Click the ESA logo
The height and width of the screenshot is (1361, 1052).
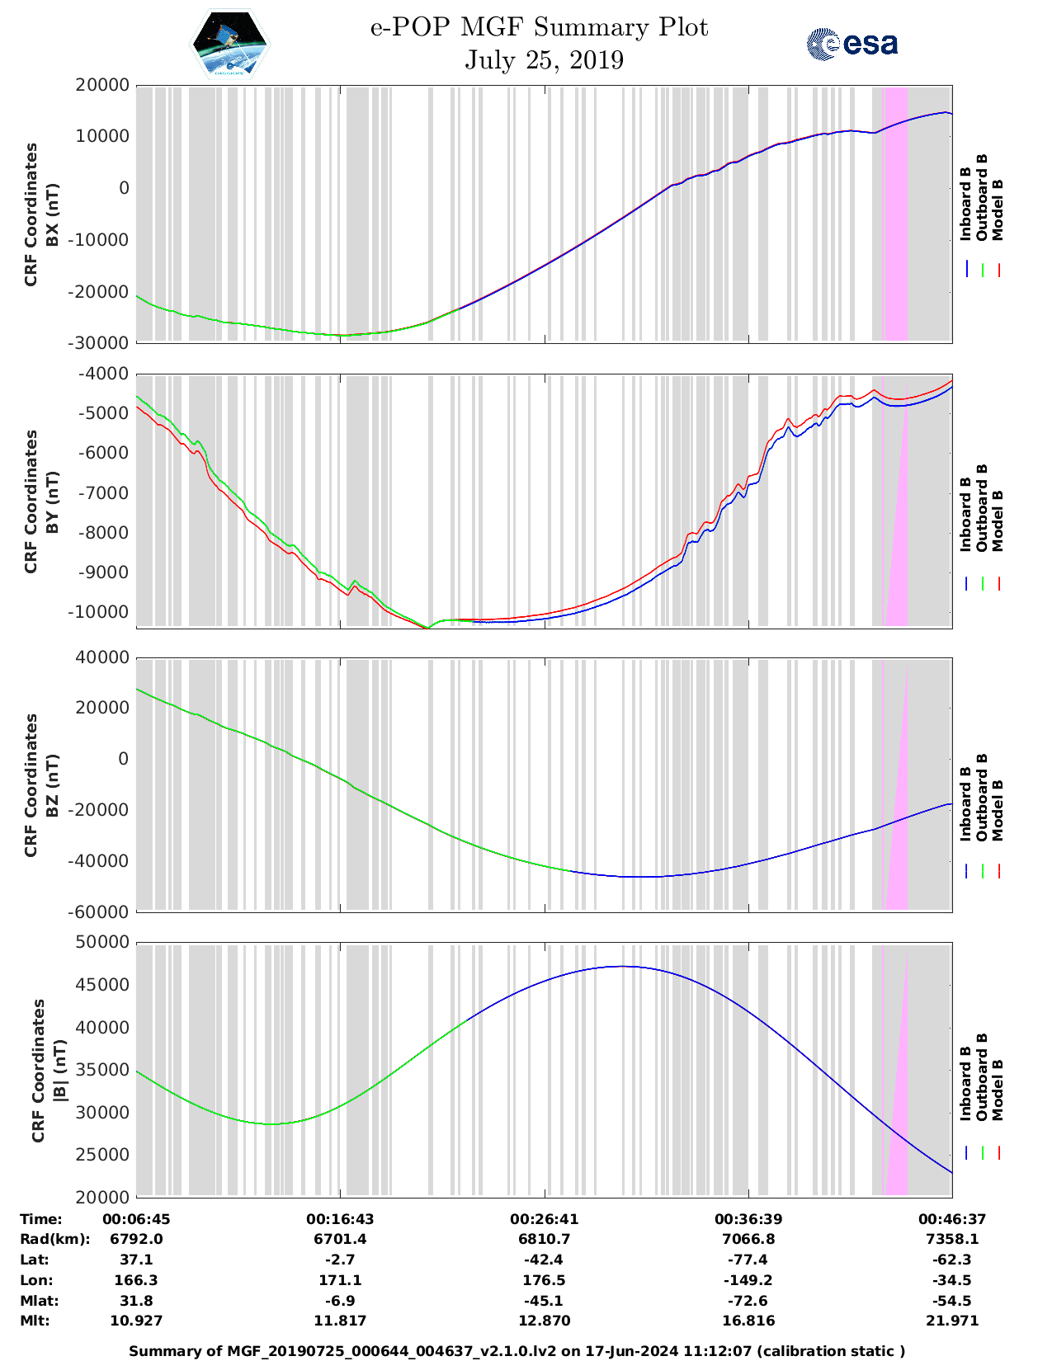[852, 44]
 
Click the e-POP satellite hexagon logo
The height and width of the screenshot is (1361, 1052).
[229, 44]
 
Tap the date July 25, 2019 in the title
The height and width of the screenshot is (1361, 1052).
[544, 60]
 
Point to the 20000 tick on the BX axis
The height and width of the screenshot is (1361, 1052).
[101, 85]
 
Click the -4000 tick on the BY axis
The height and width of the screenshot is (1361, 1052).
[104, 374]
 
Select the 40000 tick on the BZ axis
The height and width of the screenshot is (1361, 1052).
[101, 657]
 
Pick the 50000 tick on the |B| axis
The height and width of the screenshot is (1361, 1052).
[101, 942]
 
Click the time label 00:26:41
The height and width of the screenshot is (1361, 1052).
[544, 1219]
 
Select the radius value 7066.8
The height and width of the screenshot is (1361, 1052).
[748, 1239]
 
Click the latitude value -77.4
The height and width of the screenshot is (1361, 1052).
[748, 1260]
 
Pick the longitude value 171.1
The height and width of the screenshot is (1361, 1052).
[340, 1280]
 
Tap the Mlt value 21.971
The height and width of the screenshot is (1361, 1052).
[951, 1321]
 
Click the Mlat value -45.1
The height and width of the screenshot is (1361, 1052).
[544, 1301]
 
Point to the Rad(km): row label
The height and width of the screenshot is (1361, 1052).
[54, 1239]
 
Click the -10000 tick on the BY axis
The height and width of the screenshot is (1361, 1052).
[101, 612]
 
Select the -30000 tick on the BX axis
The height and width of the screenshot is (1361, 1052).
[101, 342]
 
